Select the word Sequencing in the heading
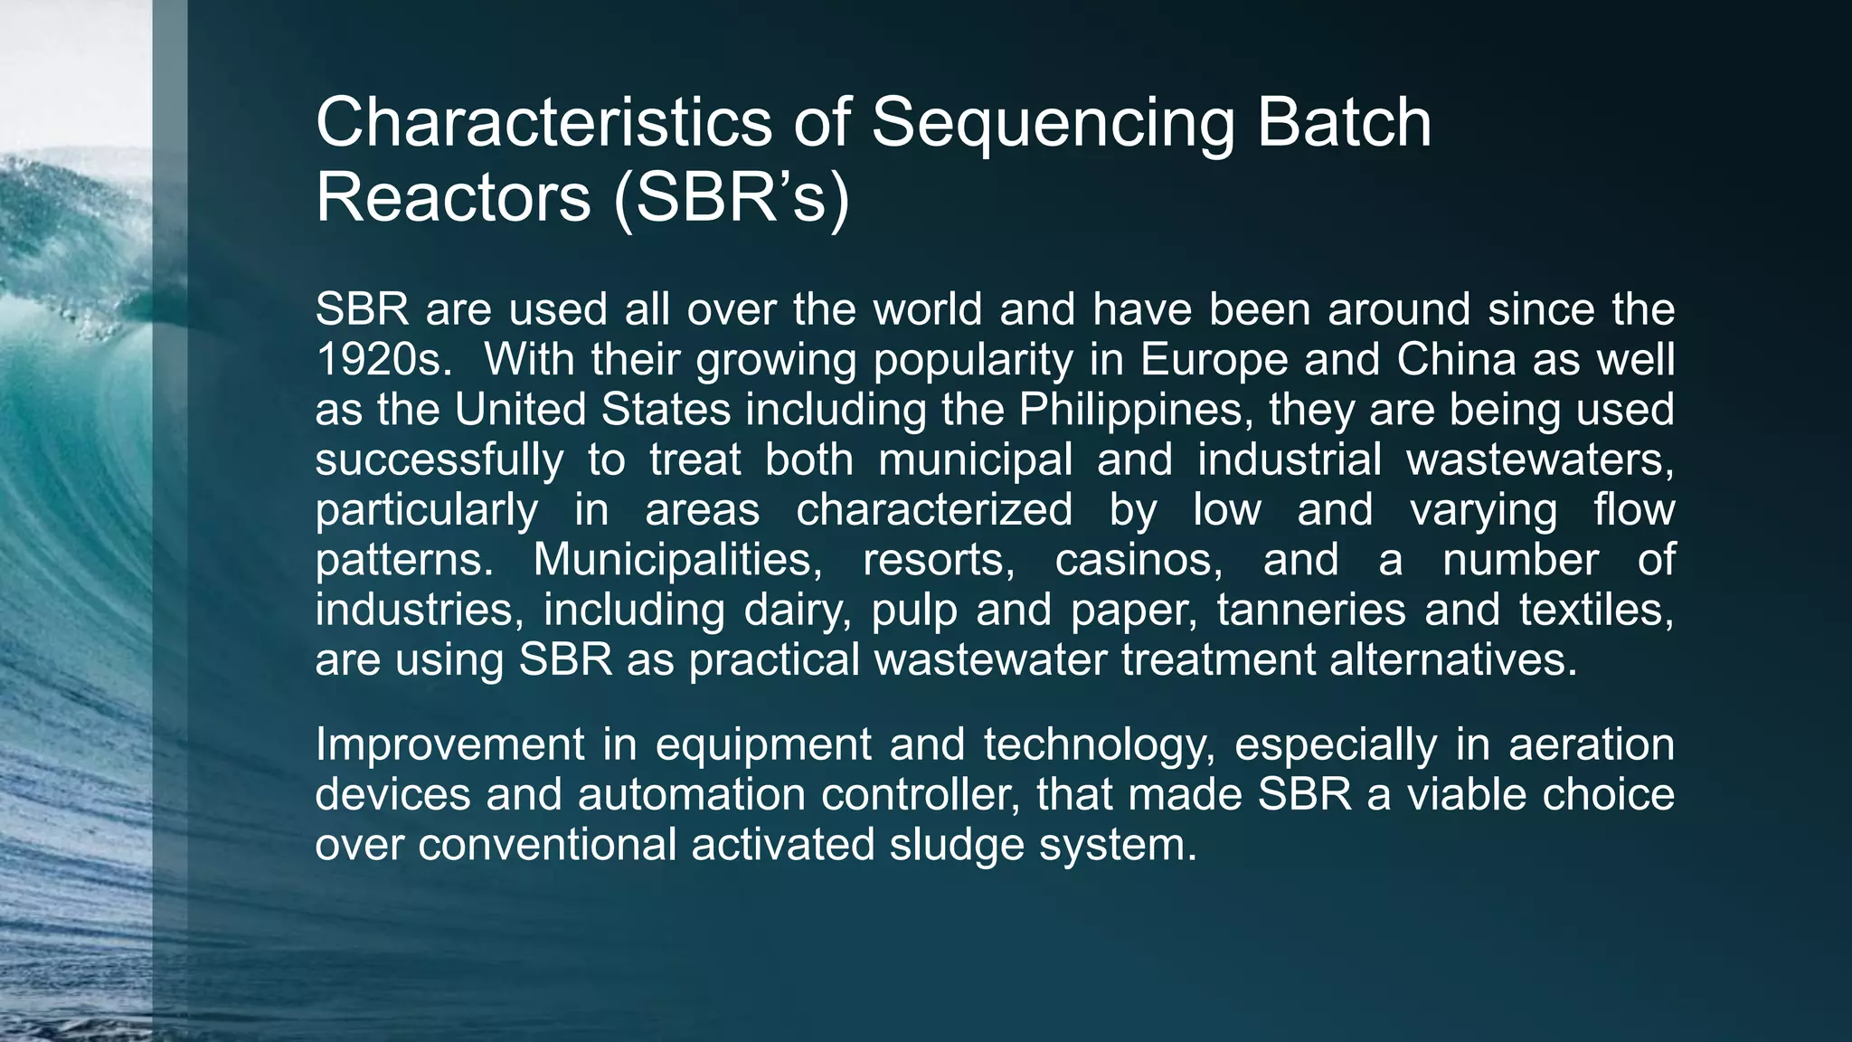(1052, 124)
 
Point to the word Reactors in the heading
(452, 197)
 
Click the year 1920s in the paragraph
(383, 360)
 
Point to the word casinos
(1139, 560)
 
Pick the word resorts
(939, 560)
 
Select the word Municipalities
(677, 560)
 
